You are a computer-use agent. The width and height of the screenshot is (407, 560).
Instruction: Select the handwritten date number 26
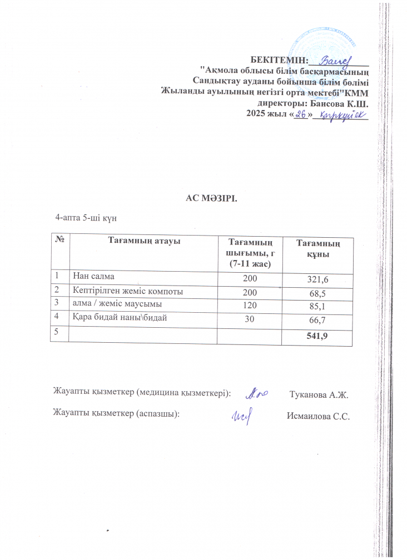tap(301, 114)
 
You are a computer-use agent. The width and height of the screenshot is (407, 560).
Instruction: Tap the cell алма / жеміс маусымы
tap(113, 304)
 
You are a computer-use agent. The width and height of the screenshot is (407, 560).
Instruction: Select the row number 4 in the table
tap(56, 318)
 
